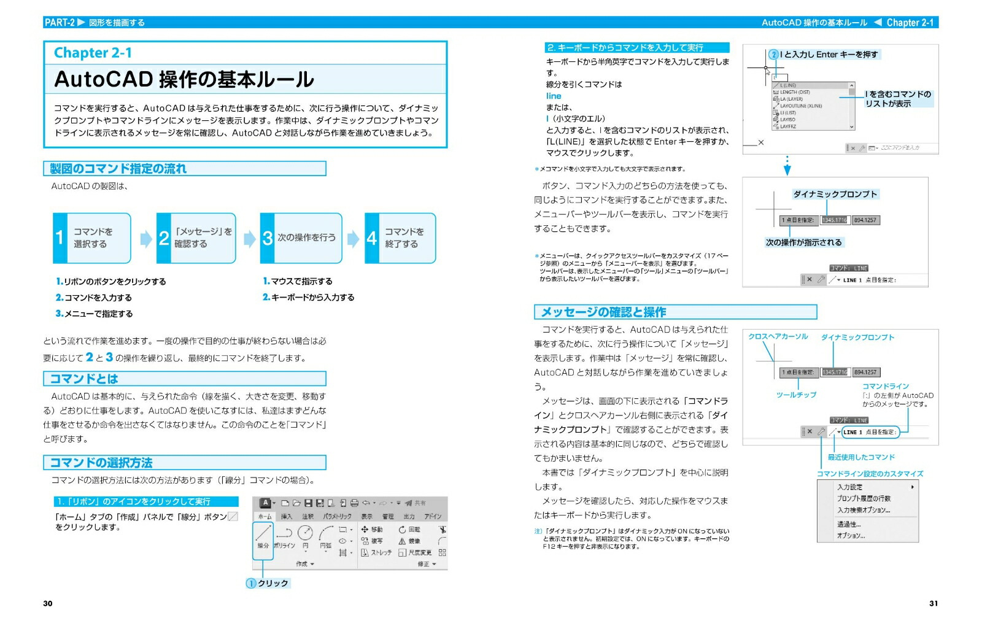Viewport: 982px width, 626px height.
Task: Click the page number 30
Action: click(x=48, y=603)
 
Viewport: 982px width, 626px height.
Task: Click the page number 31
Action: click(x=933, y=603)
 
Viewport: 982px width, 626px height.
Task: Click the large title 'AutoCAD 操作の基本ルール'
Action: click(x=184, y=80)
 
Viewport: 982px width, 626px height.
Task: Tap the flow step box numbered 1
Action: click(x=92, y=238)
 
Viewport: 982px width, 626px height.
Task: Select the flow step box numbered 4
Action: click(x=400, y=238)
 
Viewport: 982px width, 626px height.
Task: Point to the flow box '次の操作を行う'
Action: click(x=301, y=238)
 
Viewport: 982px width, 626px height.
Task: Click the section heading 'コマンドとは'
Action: click(x=84, y=379)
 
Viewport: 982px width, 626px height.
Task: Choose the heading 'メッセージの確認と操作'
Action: click(x=603, y=312)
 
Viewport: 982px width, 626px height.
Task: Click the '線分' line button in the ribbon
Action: click(x=263, y=537)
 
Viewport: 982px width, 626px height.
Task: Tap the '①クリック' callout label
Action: click(x=268, y=583)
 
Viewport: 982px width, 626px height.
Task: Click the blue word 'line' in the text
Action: click(x=554, y=96)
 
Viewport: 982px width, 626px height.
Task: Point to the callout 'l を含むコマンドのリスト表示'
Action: click(x=897, y=99)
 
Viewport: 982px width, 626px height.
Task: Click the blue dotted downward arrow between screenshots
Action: click(x=787, y=166)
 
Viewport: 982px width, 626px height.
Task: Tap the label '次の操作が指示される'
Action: click(x=803, y=242)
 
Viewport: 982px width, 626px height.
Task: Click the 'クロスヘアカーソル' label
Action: click(x=778, y=337)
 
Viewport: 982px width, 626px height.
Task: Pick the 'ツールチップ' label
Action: click(x=796, y=395)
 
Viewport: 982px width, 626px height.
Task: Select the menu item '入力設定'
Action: click(x=850, y=487)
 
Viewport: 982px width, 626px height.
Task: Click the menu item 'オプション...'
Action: click(x=851, y=536)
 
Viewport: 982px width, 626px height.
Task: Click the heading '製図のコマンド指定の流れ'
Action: click(x=118, y=169)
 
